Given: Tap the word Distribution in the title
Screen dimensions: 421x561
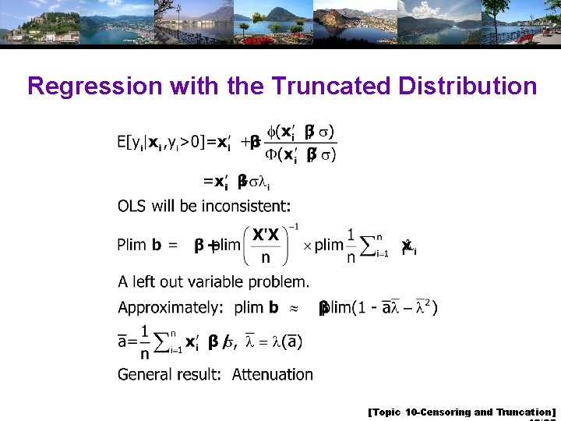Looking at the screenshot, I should coord(469,86).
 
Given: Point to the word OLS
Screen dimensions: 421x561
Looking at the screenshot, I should coord(133,207).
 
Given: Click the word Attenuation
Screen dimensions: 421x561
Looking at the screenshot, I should coord(273,374).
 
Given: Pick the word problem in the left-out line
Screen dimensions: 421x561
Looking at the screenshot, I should coord(280,281).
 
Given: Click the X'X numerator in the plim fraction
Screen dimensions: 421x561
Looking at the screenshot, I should coord(266,235).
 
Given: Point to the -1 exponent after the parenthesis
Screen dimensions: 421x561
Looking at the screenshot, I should coord(294,227).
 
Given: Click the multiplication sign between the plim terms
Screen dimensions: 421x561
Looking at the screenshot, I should coord(307,246).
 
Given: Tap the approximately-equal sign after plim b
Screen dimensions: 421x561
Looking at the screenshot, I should coord(295,308).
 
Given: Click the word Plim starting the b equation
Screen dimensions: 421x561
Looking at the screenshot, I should coord(132,245).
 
